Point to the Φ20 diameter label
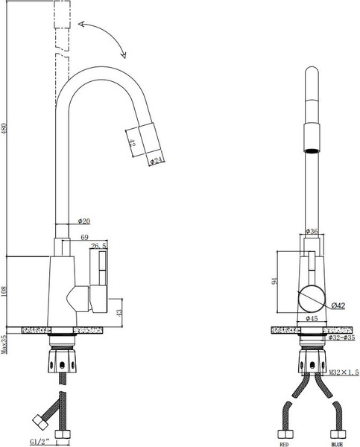click(x=83, y=221)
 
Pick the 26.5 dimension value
click(x=98, y=245)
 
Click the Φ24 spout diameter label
click(x=157, y=159)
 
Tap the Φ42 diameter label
click(x=337, y=305)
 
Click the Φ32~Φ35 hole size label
click(x=340, y=337)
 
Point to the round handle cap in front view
click(x=312, y=300)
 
